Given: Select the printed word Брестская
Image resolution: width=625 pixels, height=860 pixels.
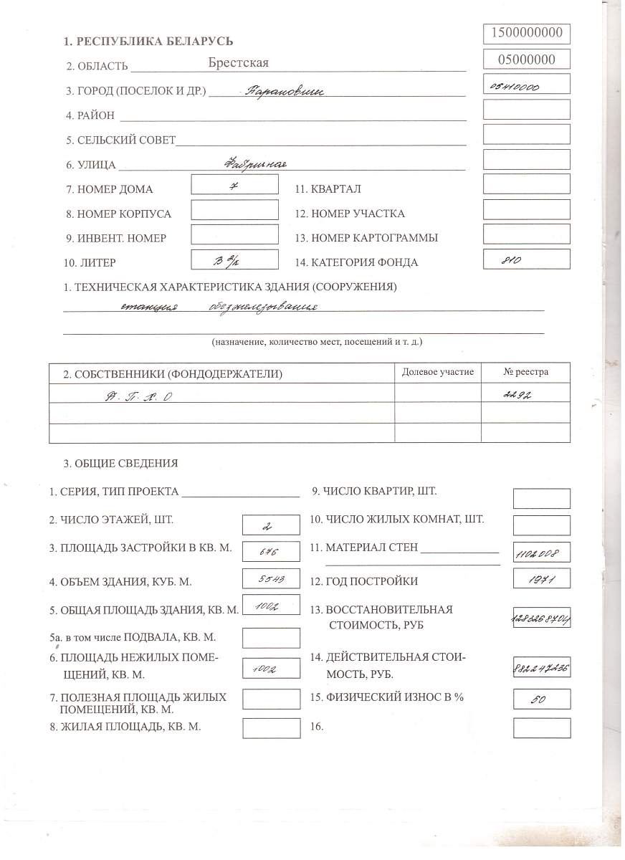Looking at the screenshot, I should [239, 63].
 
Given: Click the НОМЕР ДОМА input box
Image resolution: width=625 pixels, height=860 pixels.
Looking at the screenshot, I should [234, 184].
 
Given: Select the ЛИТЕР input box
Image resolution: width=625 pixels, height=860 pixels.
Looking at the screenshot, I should [234, 259].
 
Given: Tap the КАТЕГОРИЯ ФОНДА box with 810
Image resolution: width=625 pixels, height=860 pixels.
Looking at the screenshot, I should [527, 259].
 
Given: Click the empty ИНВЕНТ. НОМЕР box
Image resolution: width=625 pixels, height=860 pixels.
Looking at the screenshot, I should [234, 234].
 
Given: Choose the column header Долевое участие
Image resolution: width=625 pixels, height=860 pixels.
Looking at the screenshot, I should [438, 372].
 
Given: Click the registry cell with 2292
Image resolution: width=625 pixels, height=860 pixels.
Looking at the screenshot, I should [525, 393].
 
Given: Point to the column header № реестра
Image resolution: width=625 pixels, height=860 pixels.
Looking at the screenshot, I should [525, 372].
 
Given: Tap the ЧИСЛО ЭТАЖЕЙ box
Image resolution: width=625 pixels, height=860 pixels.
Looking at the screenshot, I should [271, 525].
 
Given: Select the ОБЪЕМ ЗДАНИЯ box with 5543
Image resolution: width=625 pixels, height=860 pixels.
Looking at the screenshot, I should [271, 578].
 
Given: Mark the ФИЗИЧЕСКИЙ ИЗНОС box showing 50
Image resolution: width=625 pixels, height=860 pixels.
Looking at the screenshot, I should [542, 699].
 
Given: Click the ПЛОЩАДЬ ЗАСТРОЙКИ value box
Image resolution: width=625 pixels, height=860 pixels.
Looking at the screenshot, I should [271, 551].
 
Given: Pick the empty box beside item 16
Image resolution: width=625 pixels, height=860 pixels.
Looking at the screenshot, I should [542, 727].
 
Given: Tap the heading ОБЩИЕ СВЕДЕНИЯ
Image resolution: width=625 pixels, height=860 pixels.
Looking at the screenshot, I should [120, 463].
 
